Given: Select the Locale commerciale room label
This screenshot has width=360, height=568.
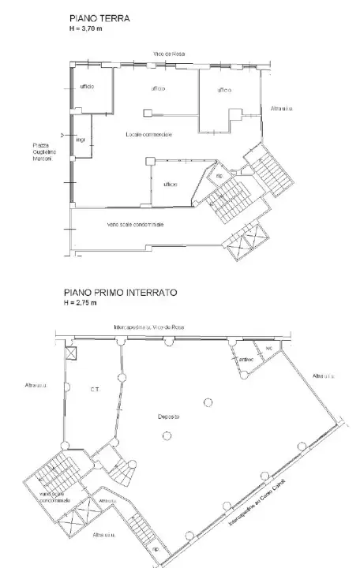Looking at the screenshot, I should [148, 135].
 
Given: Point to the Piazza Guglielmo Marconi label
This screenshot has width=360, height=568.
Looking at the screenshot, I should [42, 151].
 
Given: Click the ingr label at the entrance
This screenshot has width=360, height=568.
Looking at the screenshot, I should [81, 141].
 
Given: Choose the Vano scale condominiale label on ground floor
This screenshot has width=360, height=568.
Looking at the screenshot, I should [135, 225].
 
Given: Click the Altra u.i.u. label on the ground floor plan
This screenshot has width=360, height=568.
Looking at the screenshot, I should [281, 108].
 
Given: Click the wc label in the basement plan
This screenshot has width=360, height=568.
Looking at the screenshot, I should [268, 348].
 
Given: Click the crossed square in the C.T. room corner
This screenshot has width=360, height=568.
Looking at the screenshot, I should [72, 353].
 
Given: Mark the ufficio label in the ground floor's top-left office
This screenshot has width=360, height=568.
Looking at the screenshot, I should [87, 86].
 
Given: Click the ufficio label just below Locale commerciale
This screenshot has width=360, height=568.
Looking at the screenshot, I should [170, 184].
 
